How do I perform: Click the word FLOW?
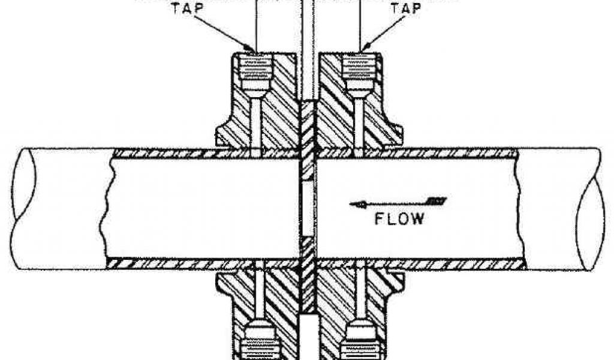tap(399, 218)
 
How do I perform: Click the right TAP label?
tap(405, 9)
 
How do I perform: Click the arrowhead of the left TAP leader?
tap(252, 49)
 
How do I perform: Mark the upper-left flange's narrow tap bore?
tap(257, 123)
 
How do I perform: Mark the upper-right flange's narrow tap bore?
tap(359, 123)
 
